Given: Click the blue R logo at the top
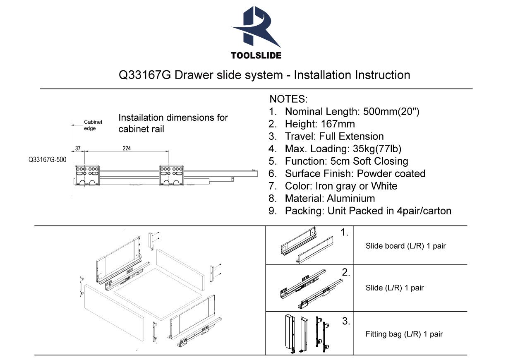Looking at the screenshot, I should point(256,27).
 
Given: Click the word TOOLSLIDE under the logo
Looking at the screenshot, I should point(256,55).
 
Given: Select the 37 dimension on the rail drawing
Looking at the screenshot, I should point(77,149).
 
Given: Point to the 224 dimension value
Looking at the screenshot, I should point(127,149).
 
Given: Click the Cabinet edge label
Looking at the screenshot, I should point(93,125).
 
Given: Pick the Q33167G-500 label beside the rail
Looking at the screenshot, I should point(47,159).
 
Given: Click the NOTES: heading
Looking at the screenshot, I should point(288,99).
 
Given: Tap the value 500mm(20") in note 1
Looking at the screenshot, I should point(391,112).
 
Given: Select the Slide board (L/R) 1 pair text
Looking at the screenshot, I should point(405,246).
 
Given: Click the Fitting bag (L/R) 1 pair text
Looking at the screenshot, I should point(404,334).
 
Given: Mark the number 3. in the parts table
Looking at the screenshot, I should point(346,321).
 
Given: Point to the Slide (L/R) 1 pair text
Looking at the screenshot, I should point(395,288).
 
